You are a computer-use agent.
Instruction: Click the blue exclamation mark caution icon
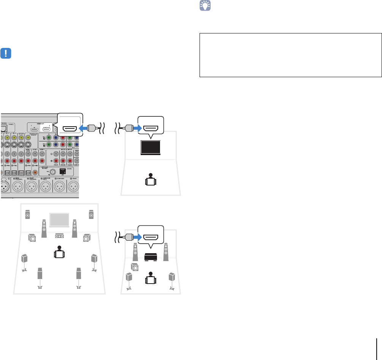pyautogui.click(x=6, y=53)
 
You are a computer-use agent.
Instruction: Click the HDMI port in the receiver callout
pyautogui.click(x=70, y=128)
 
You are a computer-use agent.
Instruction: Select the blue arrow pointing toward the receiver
pyautogui.click(x=83, y=128)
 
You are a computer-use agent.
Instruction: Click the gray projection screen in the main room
pyautogui.click(x=59, y=220)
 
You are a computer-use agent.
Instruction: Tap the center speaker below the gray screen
pyautogui.click(x=59, y=236)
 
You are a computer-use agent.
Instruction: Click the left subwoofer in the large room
pyautogui.click(x=32, y=238)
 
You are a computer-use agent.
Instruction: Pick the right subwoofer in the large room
pyautogui.click(x=86, y=238)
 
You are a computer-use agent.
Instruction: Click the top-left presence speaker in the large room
pyautogui.click(x=28, y=215)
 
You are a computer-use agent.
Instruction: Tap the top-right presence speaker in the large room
pyautogui.click(x=91, y=215)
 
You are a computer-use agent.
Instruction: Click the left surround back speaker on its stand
pyautogui.click(x=40, y=275)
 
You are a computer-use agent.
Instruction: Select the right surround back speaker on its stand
pyautogui.click(x=78, y=275)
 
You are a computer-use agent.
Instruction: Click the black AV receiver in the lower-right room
pyautogui.click(x=151, y=257)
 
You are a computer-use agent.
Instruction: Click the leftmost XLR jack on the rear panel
pyautogui.click(x=6, y=187)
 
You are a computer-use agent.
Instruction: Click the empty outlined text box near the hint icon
pyautogui.click(x=291, y=55)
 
